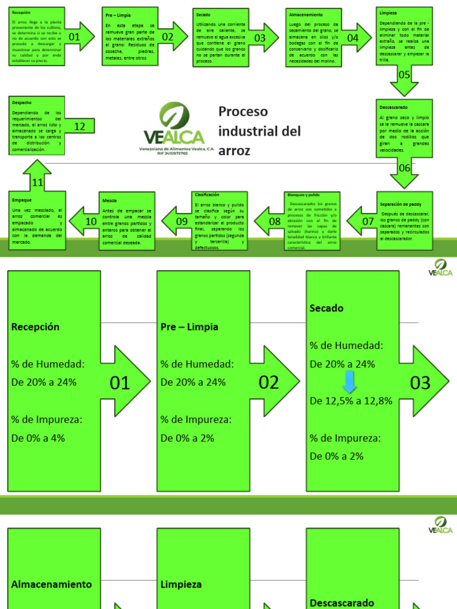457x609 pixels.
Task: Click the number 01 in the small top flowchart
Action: (x=74, y=37)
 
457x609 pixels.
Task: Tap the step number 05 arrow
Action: (x=404, y=75)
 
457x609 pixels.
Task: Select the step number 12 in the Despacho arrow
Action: (x=80, y=126)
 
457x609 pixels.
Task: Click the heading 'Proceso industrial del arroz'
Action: (x=259, y=131)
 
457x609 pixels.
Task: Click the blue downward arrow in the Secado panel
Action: (x=350, y=382)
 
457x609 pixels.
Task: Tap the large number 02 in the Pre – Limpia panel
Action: (x=269, y=382)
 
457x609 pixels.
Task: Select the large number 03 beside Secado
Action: (x=420, y=382)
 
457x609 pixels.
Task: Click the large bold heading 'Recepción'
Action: (x=35, y=327)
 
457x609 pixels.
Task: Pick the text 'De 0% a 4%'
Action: (x=38, y=438)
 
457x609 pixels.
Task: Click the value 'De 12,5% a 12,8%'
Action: (x=351, y=401)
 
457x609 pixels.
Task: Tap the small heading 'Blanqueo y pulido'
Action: (x=303, y=195)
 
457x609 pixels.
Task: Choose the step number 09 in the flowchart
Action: (x=182, y=221)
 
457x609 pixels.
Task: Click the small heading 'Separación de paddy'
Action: (x=400, y=204)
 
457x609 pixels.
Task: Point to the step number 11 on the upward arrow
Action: (x=37, y=182)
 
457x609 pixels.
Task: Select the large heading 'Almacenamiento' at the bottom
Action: (x=52, y=584)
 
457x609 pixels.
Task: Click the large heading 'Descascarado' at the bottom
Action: (x=342, y=602)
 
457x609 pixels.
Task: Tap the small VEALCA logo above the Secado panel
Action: (x=440, y=268)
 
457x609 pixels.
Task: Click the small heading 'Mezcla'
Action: (x=109, y=200)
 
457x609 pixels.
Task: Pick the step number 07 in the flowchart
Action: (x=368, y=221)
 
